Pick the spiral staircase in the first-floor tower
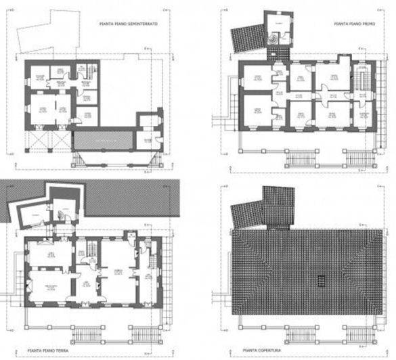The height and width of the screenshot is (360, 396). [x=274, y=39]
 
